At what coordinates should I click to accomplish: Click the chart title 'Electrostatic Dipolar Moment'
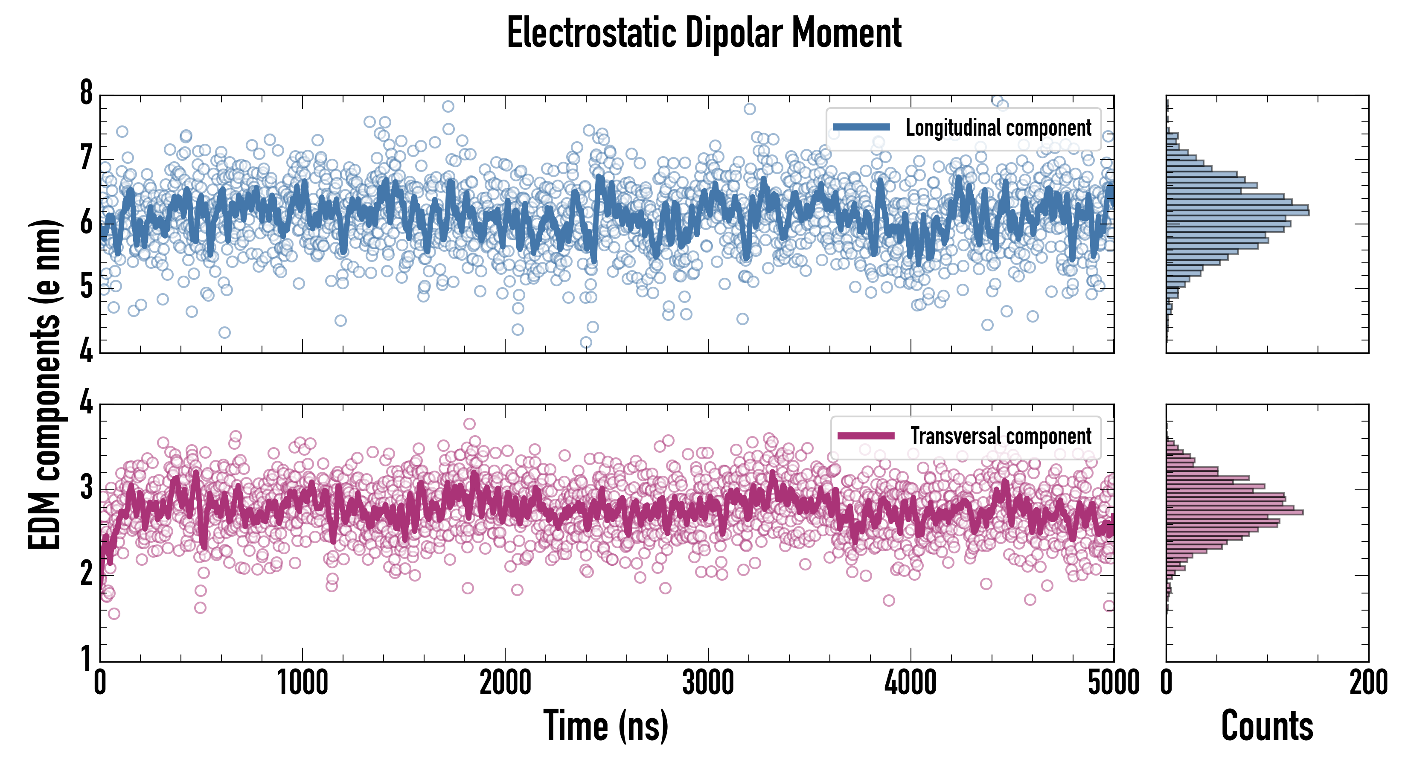704,33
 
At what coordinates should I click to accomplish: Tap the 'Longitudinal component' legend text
998,128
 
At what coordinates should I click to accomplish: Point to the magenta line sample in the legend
866,436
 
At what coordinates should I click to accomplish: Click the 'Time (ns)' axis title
605,726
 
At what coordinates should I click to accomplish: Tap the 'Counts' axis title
1267,726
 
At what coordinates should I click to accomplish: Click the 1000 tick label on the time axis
302,683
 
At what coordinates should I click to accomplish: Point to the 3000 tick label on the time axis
708,683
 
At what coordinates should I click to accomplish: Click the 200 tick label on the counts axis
1368,683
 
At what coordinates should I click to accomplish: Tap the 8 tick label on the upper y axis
86,93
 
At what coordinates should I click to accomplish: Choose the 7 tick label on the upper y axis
86,159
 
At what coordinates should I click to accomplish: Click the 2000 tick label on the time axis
505,683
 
